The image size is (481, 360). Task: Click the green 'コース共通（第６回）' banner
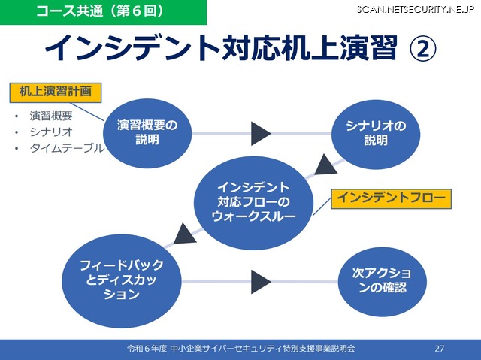click(103, 11)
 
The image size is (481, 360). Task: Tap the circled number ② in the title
click(422, 49)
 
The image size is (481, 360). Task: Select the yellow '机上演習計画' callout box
click(55, 93)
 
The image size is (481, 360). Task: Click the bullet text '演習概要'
click(52, 116)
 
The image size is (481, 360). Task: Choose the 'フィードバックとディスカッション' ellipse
click(123, 277)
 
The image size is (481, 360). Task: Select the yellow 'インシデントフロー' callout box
click(392, 198)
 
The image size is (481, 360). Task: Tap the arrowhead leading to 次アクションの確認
click(261, 282)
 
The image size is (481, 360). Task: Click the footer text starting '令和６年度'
click(240, 349)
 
